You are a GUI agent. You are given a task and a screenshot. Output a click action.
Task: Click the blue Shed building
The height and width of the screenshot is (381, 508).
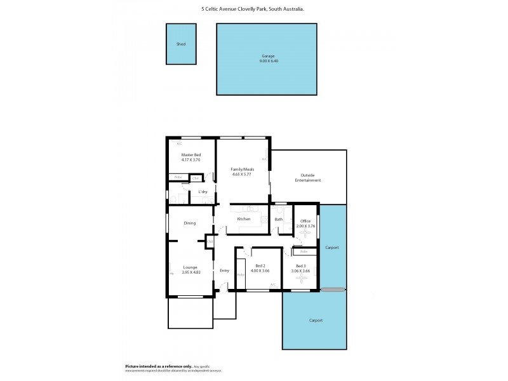(181, 44)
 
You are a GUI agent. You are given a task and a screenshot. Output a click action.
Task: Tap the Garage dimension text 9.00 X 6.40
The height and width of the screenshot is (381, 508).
(267, 61)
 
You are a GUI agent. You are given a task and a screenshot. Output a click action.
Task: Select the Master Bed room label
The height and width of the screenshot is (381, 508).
(190, 155)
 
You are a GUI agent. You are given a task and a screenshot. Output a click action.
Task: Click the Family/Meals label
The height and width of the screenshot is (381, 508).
(243, 170)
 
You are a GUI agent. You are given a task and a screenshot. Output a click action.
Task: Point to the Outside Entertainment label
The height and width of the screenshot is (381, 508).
(308, 178)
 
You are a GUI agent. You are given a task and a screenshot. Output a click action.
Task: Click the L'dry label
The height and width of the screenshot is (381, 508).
(203, 191)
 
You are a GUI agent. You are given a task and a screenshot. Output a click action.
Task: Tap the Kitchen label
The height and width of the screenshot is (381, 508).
(244, 219)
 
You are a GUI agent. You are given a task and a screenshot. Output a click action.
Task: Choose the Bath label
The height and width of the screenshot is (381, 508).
(278, 219)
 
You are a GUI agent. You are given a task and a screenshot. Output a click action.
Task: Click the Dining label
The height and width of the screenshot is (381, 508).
(190, 223)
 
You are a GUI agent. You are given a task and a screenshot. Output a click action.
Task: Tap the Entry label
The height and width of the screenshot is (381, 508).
(224, 271)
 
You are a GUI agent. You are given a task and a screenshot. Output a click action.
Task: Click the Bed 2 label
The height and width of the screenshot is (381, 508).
(260, 266)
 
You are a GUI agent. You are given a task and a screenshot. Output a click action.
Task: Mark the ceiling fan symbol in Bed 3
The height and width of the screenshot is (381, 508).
(301, 278)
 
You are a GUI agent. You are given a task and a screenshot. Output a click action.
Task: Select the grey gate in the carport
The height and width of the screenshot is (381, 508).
(333, 290)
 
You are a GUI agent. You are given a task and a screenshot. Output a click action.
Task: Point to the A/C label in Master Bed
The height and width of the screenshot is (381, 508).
(170, 144)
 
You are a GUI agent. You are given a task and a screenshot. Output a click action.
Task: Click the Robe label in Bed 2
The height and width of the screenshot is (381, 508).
(240, 275)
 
